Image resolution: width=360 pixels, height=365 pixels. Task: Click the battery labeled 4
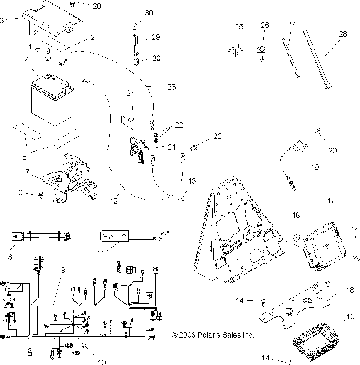tap(50, 98)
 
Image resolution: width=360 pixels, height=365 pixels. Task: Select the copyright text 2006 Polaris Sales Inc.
tap(213, 335)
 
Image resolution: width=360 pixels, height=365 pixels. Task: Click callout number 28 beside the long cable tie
tap(343, 35)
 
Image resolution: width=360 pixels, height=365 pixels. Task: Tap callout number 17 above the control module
tap(330, 201)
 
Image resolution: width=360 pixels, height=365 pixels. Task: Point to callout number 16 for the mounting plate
tap(350, 290)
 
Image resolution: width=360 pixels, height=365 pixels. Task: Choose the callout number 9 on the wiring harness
tap(63, 269)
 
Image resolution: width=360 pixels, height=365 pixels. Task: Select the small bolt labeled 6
tap(42, 194)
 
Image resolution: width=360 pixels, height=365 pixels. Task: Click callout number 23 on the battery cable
tap(171, 87)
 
